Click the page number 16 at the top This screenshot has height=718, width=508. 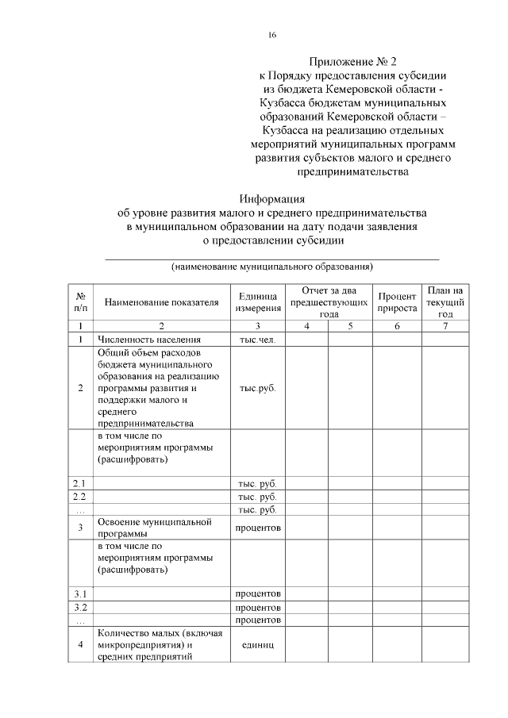(x=272, y=35)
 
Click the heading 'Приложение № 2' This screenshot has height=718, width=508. (x=352, y=61)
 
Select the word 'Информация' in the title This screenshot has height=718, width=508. (x=272, y=199)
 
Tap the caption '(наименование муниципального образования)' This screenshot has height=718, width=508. (x=272, y=267)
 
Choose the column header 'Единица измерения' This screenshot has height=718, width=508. (x=257, y=301)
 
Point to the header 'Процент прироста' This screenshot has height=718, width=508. (x=398, y=301)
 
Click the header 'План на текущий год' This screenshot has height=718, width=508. (x=445, y=302)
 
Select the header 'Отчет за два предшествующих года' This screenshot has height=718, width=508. (x=329, y=302)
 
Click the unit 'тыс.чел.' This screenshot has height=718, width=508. (x=257, y=339)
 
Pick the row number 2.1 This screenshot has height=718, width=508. (x=79, y=482)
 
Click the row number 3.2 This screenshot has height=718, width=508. (x=79, y=607)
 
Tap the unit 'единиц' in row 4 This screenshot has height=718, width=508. (x=257, y=644)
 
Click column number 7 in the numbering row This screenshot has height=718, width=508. (x=445, y=326)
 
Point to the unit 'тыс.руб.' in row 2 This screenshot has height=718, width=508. (x=257, y=389)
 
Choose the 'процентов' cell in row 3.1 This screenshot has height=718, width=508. (x=257, y=593)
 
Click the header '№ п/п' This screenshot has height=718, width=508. (x=80, y=301)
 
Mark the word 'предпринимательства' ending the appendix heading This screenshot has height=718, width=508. (x=352, y=171)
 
